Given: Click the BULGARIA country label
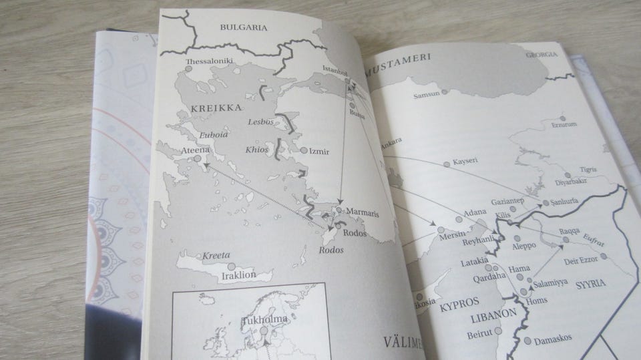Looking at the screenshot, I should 243,28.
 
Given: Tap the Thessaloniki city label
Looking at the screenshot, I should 209,61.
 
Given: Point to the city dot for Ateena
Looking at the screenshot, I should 198,159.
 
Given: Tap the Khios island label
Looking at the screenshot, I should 256,150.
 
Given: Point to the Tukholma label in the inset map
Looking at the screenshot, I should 264,319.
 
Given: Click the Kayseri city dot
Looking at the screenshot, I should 447,164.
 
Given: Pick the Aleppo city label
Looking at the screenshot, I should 523,245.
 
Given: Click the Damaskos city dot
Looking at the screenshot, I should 528,341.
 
